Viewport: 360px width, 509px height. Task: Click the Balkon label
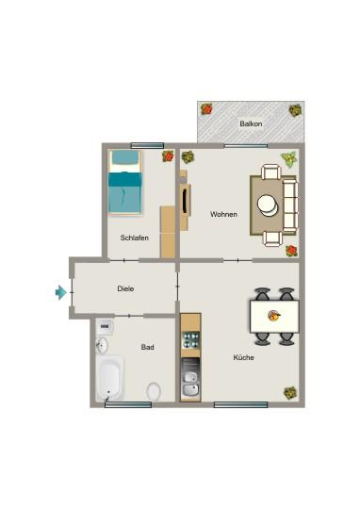[250, 123]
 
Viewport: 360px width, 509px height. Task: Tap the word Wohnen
[223, 214]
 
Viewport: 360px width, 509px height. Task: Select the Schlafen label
[135, 238]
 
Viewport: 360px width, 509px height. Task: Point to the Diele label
[125, 288]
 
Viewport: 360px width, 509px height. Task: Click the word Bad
[148, 348]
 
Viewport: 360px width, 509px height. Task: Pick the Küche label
[244, 357]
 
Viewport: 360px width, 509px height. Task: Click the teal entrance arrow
[61, 293]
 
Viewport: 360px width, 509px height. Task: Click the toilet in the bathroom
[155, 390]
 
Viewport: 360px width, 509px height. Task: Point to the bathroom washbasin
[102, 345]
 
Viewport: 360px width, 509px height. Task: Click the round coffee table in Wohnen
[270, 204]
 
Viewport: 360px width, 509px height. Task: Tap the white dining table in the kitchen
[274, 315]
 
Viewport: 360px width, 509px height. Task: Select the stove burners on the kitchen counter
[190, 339]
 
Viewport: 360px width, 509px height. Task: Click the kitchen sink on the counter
[190, 384]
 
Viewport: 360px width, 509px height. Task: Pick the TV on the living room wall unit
[182, 200]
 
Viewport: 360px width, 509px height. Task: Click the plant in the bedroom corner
[168, 156]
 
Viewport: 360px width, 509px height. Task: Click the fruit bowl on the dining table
[274, 315]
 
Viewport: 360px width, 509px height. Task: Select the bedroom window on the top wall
[147, 145]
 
